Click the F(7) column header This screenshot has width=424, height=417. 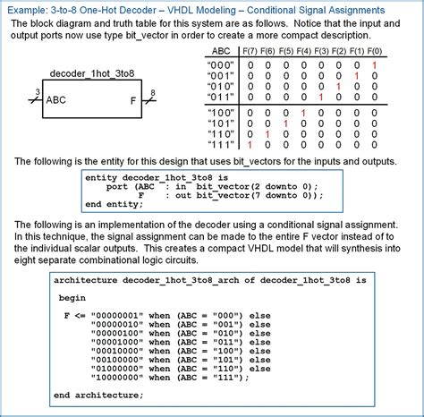pyautogui.click(x=251, y=52)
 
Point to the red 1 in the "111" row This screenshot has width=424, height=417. pyautogui.click(x=250, y=143)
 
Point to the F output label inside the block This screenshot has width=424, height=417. pyautogui.click(x=133, y=101)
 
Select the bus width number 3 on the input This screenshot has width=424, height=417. pyautogui.click(x=36, y=92)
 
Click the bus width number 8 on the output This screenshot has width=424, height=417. pyautogui.click(x=153, y=92)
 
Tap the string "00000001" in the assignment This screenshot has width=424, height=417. pyautogui.click(x=117, y=317)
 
